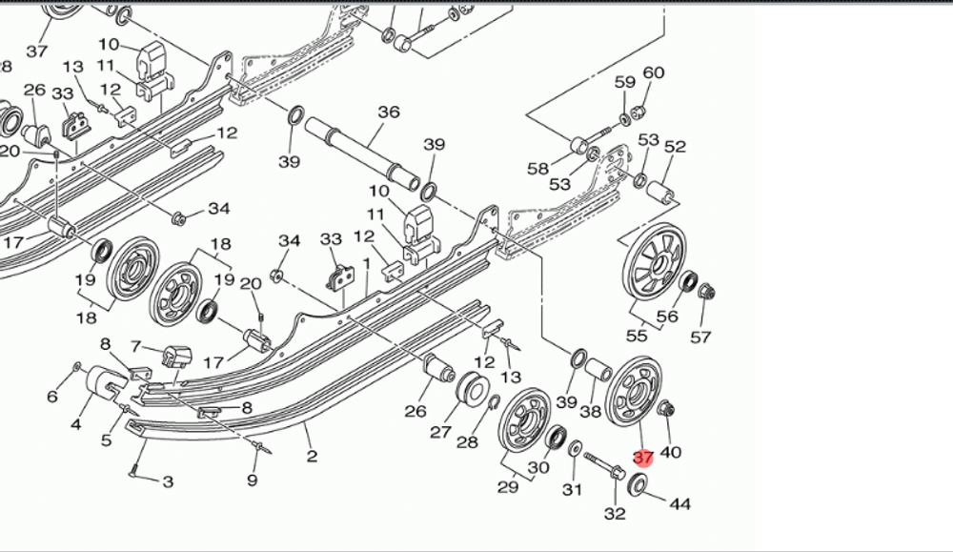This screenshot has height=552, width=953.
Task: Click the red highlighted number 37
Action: click(643, 458)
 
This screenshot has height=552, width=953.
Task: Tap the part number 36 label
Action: click(388, 112)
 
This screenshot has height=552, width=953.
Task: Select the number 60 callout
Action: click(654, 73)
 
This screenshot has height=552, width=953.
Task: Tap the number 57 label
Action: click(700, 337)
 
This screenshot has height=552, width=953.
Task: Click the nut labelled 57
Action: click(706, 292)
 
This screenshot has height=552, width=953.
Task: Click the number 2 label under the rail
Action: click(312, 456)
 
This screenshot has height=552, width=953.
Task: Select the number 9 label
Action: click(252, 480)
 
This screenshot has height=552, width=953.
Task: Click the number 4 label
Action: click(75, 423)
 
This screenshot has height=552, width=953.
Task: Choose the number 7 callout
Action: click(135, 346)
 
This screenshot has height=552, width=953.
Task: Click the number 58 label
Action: click(538, 169)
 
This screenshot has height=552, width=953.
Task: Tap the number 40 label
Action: click(670, 452)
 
